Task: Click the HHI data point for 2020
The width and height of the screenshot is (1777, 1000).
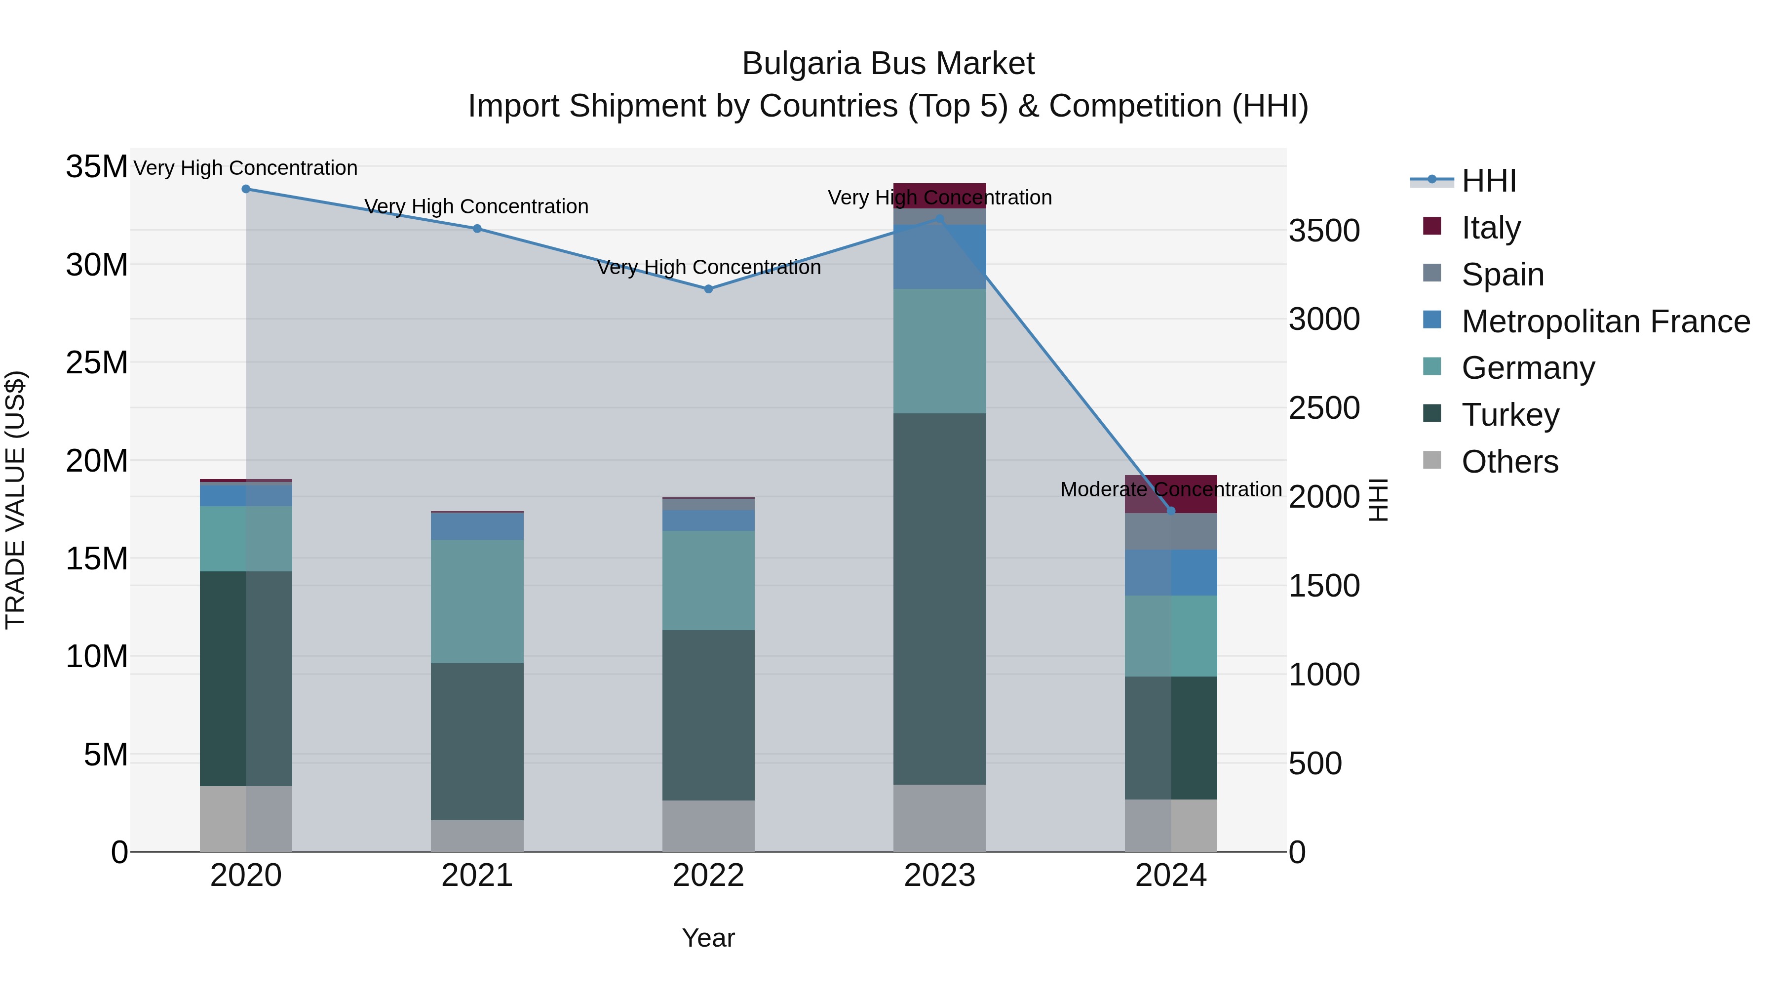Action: pos(246,189)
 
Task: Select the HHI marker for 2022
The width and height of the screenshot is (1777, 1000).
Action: pos(708,289)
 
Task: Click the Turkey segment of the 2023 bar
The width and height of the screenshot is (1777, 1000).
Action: pos(939,599)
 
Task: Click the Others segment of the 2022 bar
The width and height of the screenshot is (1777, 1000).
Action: pos(708,826)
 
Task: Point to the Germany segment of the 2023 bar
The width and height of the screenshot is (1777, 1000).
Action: pos(939,351)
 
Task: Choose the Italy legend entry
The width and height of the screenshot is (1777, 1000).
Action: pos(1490,228)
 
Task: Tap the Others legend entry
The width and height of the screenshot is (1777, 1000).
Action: pos(1509,462)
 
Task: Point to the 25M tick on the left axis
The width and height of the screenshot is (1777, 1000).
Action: pos(97,363)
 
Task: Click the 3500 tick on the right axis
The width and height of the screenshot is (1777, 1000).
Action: pos(1324,231)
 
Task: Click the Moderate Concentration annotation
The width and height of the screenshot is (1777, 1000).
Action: pos(1171,489)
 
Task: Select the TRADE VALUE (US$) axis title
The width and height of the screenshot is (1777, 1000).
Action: pos(15,500)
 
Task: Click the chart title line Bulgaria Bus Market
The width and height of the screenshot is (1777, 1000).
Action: pos(888,64)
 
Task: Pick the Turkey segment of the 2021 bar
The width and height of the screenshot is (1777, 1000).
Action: pos(477,741)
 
